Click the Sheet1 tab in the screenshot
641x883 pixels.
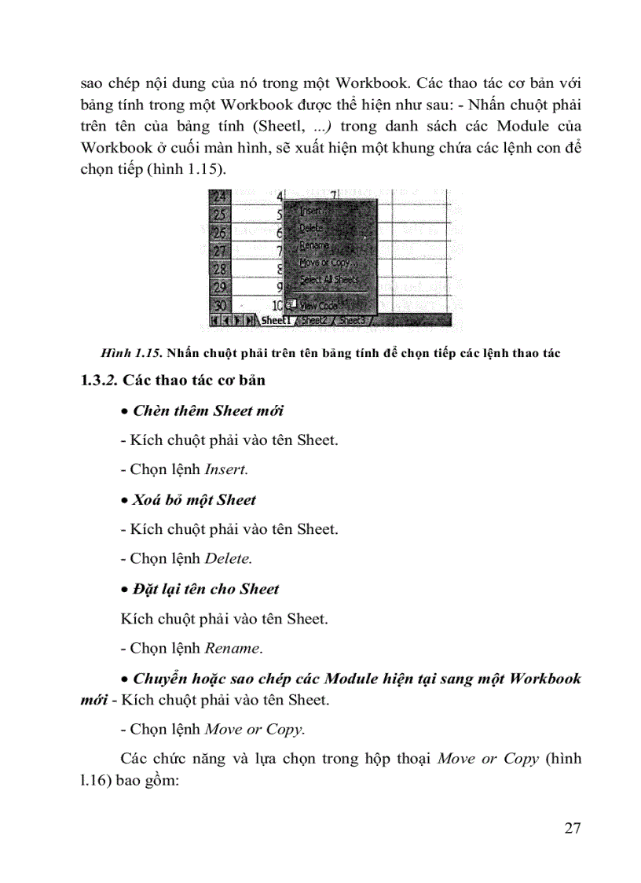tap(276, 321)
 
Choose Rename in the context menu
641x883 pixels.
tap(314, 245)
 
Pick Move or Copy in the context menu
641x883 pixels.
tap(324, 262)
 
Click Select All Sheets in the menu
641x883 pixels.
tap(329, 279)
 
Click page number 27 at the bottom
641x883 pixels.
tap(573, 829)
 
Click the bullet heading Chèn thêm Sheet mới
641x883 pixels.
tap(208, 410)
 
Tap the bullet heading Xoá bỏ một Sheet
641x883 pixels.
tap(194, 500)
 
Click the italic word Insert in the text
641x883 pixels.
tap(226, 469)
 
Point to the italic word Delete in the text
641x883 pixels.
tap(229, 559)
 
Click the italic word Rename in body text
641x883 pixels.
tap(233, 649)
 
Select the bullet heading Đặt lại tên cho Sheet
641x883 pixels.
tap(206, 589)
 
